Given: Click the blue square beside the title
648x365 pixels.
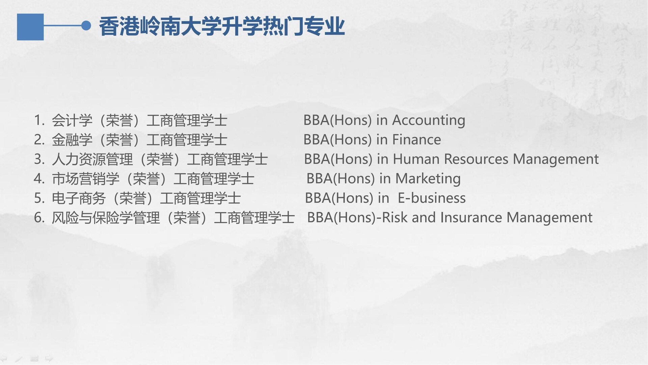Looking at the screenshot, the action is (x=30, y=27).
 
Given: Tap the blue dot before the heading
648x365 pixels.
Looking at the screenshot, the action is (x=86, y=25).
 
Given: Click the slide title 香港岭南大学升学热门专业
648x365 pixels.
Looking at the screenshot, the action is (x=222, y=27).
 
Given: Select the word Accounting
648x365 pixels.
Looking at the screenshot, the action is (x=429, y=121).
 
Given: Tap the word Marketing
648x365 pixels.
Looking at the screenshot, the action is (x=428, y=179).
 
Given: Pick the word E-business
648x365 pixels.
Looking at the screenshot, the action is (x=432, y=198).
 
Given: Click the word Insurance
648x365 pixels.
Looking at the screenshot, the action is (x=471, y=217).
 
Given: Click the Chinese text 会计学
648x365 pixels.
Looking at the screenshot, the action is (x=72, y=121).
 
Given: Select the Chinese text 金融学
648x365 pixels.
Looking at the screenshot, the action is (x=72, y=140).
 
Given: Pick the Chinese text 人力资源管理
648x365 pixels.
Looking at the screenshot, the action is (x=92, y=160).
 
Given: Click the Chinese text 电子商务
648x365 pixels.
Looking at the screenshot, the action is (x=79, y=198).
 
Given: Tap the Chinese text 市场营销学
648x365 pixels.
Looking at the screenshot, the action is (x=85, y=179).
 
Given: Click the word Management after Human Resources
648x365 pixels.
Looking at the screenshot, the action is (x=556, y=160).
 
